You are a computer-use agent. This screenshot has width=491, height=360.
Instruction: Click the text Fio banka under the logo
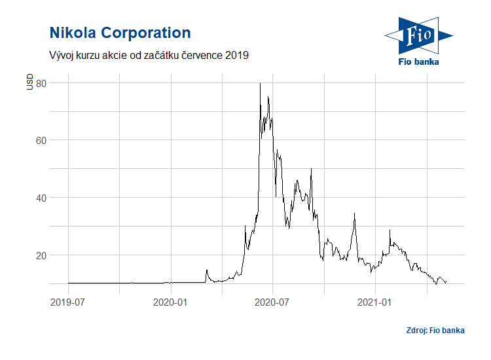coord(419,62)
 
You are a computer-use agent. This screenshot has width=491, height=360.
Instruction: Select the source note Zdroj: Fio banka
coord(435,331)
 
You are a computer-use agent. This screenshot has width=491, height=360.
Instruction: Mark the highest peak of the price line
coord(261,84)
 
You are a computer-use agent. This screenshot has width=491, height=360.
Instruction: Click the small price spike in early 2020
coord(207,270)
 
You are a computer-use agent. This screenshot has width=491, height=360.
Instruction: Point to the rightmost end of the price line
coord(446,283)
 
